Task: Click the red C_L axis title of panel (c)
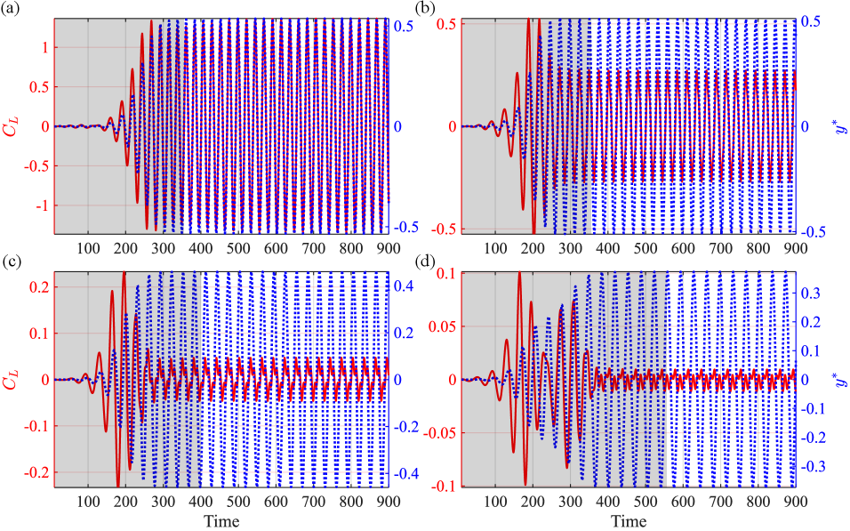[x=12, y=380]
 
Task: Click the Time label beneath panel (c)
[x=219, y=520]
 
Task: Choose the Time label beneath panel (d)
[x=629, y=520]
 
